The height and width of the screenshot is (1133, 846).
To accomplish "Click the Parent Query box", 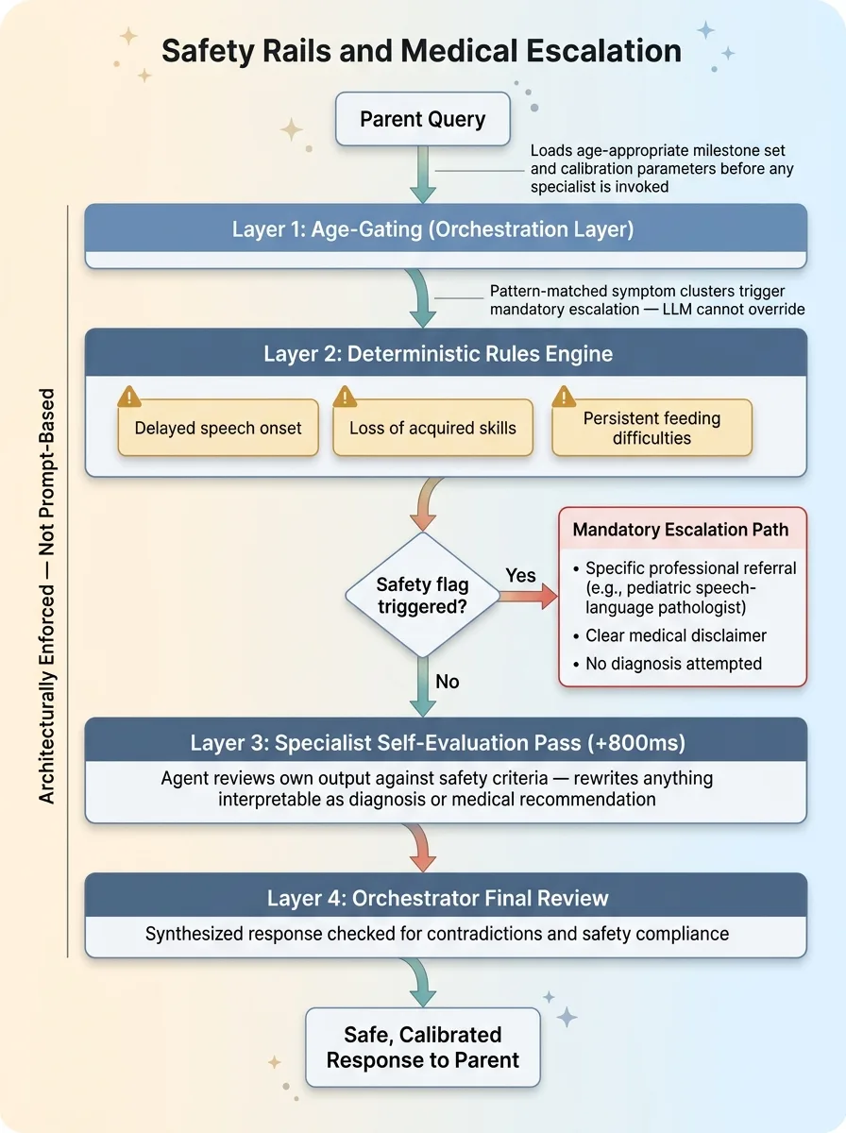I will click(x=422, y=120).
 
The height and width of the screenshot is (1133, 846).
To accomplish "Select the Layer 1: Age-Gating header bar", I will click(x=446, y=228).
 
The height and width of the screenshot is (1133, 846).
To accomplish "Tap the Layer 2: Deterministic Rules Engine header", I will click(x=446, y=354).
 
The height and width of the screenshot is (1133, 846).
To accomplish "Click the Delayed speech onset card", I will click(x=218, y=428).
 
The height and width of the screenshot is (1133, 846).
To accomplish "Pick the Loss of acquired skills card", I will click(x=432, y=428).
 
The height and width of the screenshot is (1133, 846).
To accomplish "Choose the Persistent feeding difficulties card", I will click(x=651, y=428).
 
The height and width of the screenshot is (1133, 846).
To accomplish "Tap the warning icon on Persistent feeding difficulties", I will click(x=565, y=396).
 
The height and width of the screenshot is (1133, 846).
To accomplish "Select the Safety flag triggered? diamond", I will click(x=422, y=595).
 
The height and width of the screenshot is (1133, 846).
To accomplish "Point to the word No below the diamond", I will click(x=447, y=681).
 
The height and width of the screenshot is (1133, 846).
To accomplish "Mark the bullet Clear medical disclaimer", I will click(x=675, y=635).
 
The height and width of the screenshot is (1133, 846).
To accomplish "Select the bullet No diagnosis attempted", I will click(x=672, y=664).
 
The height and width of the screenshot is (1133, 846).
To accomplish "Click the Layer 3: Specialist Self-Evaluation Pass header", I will click(x=446, y=742).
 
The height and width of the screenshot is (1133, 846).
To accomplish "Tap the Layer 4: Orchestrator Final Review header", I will click(x=446, y=898).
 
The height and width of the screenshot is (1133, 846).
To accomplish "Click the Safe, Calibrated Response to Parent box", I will click(x=422, y=1047).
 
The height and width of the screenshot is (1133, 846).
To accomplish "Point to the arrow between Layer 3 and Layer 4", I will click(x=422, y=846).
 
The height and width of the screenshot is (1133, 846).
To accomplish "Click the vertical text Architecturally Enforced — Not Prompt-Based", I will click(x=47, y=595).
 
